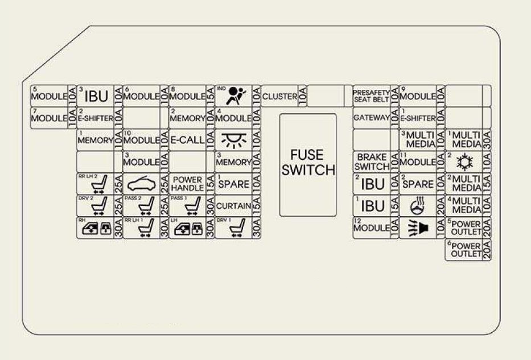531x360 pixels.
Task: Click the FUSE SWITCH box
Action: pos(307,164)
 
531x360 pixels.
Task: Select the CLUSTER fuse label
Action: pos(279,96)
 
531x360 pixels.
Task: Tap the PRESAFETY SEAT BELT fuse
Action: pos(371,96)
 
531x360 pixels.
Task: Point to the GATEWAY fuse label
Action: pos(371,118)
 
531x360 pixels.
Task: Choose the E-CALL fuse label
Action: pos(187,140)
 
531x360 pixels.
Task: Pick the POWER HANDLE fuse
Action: pos(187,184)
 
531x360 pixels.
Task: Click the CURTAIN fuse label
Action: pos(233,205)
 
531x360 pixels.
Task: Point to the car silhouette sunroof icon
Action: pos(141,184)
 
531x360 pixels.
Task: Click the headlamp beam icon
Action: pos(418,228)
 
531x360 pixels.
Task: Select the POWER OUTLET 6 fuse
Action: pos(464,250)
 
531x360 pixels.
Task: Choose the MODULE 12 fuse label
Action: pos(371,227)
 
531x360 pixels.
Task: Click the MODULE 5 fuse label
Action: pos(48,96)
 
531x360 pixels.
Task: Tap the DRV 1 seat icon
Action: pos(233,228)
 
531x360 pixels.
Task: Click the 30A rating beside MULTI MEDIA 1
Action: pos(487,140)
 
